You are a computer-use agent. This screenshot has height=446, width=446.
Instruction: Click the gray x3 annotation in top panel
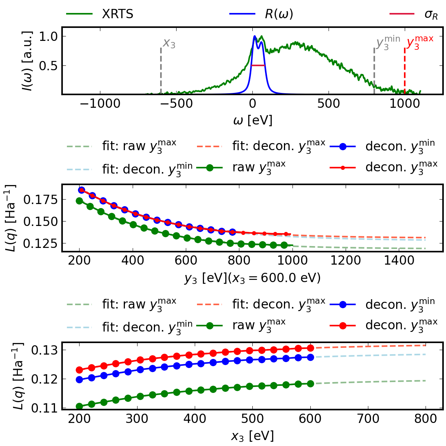[169, 43]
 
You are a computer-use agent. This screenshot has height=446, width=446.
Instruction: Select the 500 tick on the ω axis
[329, 104]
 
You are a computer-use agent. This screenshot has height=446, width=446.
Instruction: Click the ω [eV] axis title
[252, 120]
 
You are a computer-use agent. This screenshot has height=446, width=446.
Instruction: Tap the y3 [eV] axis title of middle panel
[252, 278]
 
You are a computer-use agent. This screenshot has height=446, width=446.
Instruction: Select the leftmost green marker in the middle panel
[79, 201]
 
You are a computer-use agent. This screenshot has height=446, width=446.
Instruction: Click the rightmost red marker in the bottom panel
[310, 348]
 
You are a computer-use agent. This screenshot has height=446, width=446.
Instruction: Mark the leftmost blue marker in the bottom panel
[79, 379]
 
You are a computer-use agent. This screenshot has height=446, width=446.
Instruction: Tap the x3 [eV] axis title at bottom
[252, 435]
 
